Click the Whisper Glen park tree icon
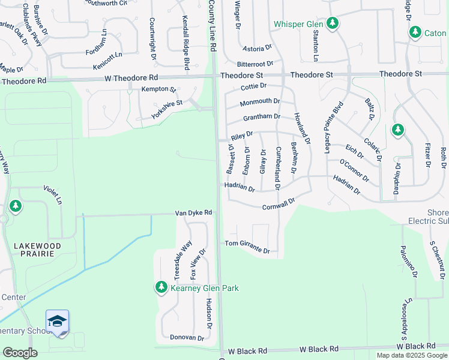tap(333, 24)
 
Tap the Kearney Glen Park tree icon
tap(161, 288)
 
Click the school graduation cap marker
tap(57, 322)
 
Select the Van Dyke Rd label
tap(194, 213)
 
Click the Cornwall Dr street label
tap(279, 205)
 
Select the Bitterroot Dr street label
tap(255, 63)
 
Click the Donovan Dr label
tap(187, 338)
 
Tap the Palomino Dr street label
tap(409, 262)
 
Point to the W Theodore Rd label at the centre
tap(131, 78)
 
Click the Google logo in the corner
tap(20, 353)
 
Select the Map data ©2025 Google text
tap(411, 355)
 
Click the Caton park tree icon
tap(415, 33)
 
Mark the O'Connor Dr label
tap(354, 170)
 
